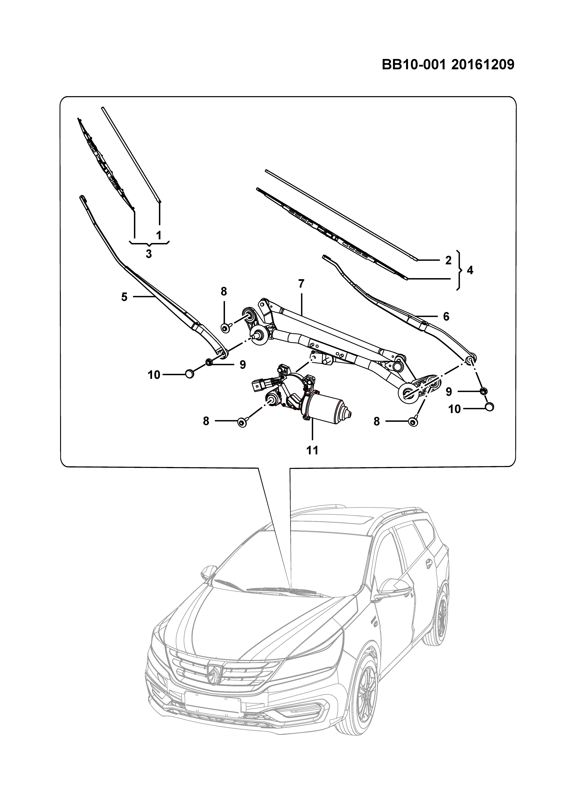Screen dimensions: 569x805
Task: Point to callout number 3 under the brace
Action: (149, 254)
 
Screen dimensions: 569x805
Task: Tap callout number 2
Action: (448, 260)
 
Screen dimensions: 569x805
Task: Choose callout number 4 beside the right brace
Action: (470, 270)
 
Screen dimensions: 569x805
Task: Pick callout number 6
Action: (446, 317)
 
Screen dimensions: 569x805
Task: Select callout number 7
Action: (301, 283)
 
